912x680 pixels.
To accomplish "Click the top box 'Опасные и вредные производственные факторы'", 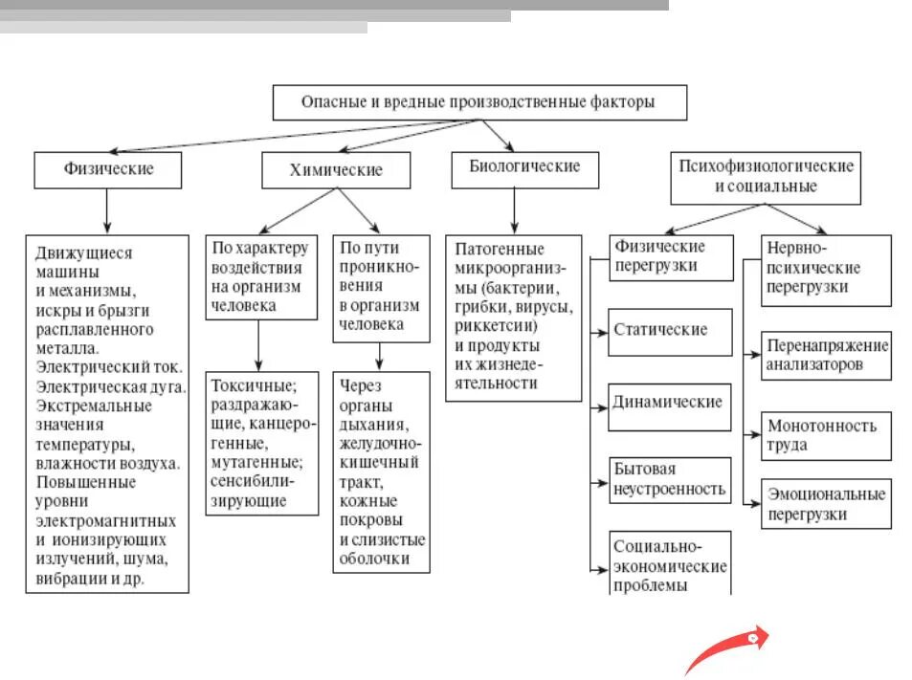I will click(x=479, y=102).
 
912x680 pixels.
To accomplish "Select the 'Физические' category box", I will click(x=107, y=169).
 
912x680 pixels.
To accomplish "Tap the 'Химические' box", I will click(x=336, y=170).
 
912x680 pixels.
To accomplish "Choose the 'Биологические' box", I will click(x=524, y=167).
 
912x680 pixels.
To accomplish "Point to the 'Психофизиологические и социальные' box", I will click(x=765, y=177).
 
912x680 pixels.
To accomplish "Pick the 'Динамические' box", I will click(x=669, y=403).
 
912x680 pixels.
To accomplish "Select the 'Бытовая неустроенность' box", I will click(x=669, y=479).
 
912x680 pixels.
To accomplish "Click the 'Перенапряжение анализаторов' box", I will click(x=827, y=355).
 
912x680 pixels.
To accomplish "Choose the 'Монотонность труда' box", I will click(x=827, y=435).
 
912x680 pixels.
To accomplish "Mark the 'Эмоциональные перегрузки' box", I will click(x=827, y=504).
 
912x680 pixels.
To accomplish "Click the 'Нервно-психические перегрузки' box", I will click(x=826, y=268).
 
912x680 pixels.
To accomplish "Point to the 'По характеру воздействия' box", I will click(x=260, y=276).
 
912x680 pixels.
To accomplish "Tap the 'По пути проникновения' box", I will click(x=380, y=286).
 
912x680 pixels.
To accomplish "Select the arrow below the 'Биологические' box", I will click(x=514, y=210).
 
